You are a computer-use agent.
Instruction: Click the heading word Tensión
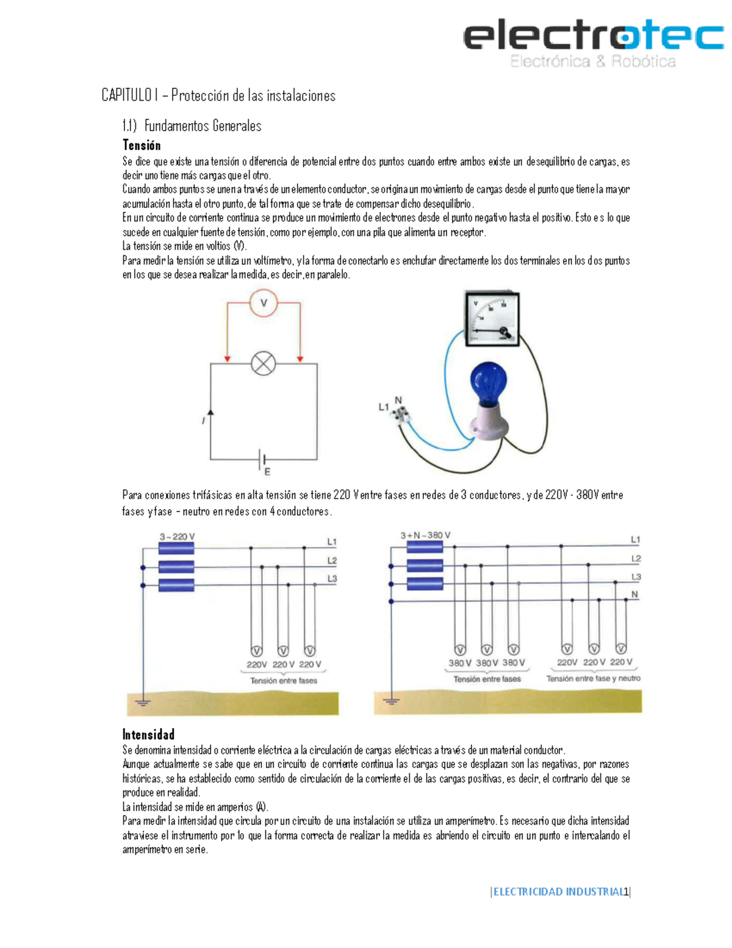click(x=142, y=145)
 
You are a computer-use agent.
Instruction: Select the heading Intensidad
click(x=148, y=734)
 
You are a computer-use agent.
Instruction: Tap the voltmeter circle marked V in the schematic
click(x=264, y=303)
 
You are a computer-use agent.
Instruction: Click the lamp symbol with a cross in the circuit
click(x=264, y=364)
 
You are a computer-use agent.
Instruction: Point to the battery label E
click(x=267, y=471)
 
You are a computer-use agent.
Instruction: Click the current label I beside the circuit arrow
click(x=204, y=421)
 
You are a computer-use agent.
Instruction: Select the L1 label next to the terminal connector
click(x=383, y=407)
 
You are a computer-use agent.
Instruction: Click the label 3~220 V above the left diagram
click(x=177, y=537)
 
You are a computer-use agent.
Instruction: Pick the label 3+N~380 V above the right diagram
click(x=425, y=535)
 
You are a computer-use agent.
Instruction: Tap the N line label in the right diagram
click(x=635, y=594)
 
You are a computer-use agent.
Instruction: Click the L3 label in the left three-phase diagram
click(x=332, y=578)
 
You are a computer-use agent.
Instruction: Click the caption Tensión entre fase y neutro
click(x=593, y=678)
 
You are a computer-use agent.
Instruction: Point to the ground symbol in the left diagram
click(x=143, y=702)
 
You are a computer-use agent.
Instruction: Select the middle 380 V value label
click(x=487, y=663)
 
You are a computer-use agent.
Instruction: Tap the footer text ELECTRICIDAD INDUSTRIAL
click(x=558, y=892)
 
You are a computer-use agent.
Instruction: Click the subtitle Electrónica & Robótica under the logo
click(x=593, y=61)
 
